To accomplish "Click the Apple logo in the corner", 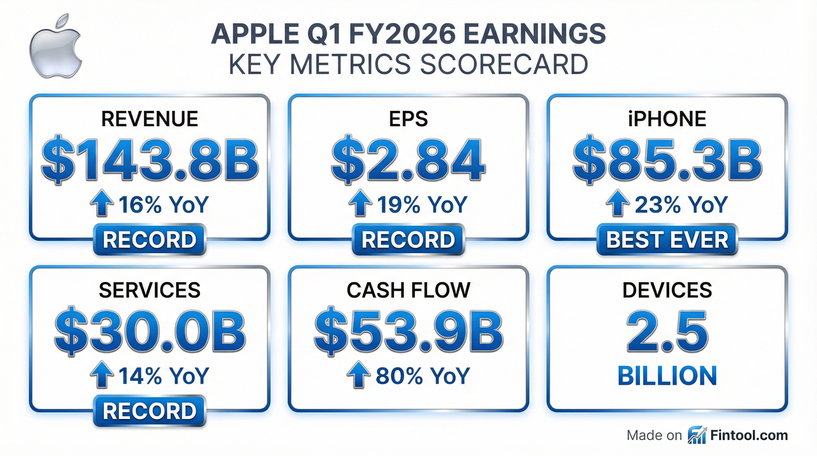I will (56, 46).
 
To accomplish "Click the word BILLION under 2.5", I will (667, 376).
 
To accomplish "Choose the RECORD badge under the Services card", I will (150, 411).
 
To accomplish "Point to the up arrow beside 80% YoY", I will (359, 375).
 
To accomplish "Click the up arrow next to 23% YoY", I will (617, 204).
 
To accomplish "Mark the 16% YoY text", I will (164, 205).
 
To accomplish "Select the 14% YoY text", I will (164, 376).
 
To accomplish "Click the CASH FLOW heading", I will (408, 290).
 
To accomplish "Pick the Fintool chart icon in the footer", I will (697, 436).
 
